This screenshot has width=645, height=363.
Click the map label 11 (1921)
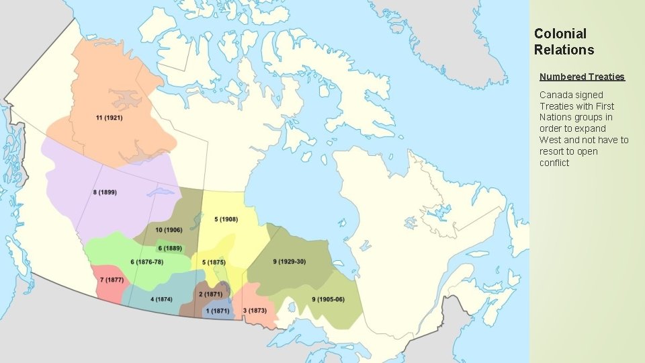tap(109, 118)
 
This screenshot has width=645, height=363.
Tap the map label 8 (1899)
tap(104, 192)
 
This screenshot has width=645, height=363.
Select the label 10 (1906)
tap(169, 230)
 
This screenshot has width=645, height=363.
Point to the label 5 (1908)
tap(226, 219)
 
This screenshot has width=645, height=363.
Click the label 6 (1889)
tap(170, 248)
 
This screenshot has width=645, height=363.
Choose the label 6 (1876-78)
tap(147, 261)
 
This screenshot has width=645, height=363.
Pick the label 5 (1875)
tap(213, 261)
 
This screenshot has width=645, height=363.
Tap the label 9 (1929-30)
tap(290, 261)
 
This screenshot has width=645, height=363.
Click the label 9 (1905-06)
tap(328, 299)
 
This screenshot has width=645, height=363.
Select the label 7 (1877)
tap(112, 280)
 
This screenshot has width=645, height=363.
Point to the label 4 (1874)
tap(161, 299)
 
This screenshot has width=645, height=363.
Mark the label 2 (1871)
tap(210, 294)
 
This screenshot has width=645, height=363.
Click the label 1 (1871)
tap(218, 311)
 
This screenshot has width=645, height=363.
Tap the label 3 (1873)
tap(255, 311)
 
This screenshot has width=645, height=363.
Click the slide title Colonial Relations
tap(564, 41)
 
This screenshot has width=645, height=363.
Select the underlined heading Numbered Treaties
tap(582, 77)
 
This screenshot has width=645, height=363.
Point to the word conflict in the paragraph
tap(554, 163)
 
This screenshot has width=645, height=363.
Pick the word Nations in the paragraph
tap(556, 117)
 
